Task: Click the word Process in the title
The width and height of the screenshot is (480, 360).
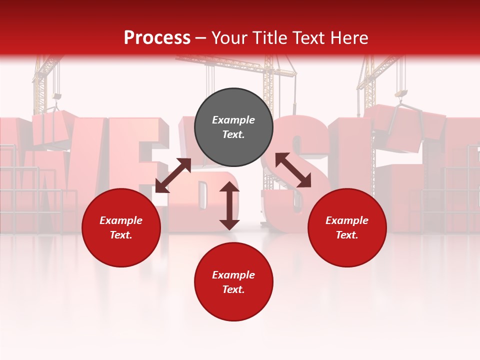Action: point(157,38)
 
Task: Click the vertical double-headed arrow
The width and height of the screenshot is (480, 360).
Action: point(229,205)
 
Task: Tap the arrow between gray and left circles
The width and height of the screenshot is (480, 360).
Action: point(173,175)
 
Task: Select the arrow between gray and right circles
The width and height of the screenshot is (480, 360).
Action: point(293,170)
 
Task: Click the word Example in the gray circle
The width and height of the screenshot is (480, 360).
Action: point(233,120)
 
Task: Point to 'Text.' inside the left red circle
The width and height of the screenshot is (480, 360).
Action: point(121,235)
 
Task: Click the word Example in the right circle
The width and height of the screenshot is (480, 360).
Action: point(347,220)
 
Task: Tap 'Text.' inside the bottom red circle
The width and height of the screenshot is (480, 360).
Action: point(233,289)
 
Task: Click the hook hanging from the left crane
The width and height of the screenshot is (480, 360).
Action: point(57,96)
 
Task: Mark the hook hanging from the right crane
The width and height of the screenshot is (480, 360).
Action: point(401,94)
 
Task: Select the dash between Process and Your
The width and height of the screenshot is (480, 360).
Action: point(201,38)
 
